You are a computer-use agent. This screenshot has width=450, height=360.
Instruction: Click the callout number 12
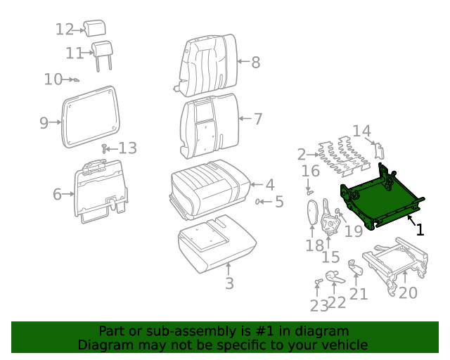click(x=65, y=30)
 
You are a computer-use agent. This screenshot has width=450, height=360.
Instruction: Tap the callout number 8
click(x=255, y=63)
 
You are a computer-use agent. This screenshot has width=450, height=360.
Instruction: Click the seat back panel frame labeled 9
click(x=90, y=117)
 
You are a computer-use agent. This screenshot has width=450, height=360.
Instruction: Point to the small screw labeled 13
click(x=104, y=148)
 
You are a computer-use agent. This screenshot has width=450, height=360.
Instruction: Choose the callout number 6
click(x=57, y=194)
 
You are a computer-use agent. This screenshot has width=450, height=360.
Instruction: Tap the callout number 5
click(x=278, y=202)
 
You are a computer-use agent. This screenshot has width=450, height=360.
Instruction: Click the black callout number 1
click(x=420, y=229)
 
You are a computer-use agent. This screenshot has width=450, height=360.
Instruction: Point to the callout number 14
click(x=361, y=131)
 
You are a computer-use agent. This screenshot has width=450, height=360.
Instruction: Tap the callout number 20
click(x=408, y=292)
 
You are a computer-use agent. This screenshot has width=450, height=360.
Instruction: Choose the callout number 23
click(x=319, y=306)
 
